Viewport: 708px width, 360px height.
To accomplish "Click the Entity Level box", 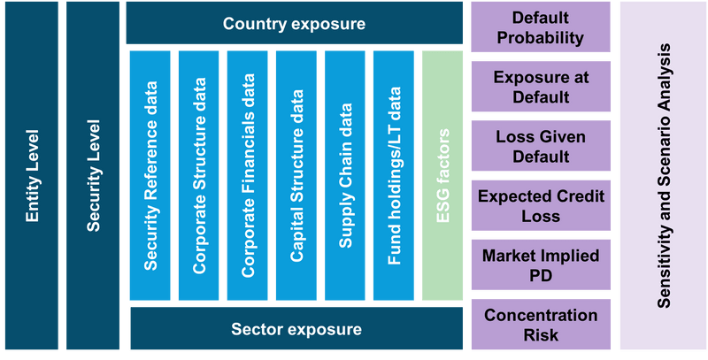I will (31, 176).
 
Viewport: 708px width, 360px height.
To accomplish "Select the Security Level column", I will (92, 176).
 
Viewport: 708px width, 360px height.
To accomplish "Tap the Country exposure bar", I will (295, 23).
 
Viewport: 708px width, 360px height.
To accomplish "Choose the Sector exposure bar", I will (296, 329).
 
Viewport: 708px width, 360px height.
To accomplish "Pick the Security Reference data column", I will (150, 175).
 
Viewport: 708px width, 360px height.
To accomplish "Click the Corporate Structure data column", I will (199, 175).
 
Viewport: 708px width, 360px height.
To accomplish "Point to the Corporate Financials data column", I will (248, 175).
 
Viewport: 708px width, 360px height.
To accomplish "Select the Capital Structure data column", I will (296, 175).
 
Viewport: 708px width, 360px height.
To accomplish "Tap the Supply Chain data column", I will (345, 175).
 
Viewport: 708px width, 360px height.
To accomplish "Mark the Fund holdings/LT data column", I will (394, 175).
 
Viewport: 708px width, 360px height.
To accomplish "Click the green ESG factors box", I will (442, 175).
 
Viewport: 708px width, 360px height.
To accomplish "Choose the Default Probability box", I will (540, 27).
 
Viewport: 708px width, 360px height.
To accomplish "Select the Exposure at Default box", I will (540, 87).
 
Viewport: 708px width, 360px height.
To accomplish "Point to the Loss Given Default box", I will (540, 147).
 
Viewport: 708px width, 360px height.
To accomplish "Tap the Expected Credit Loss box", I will (540, 206).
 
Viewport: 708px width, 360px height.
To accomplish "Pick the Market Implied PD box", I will (540, 265).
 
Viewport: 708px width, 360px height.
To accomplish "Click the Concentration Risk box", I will (540, 325).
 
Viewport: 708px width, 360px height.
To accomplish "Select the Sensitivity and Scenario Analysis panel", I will (662, 176).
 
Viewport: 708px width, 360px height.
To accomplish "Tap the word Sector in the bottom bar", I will (256, 330).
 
